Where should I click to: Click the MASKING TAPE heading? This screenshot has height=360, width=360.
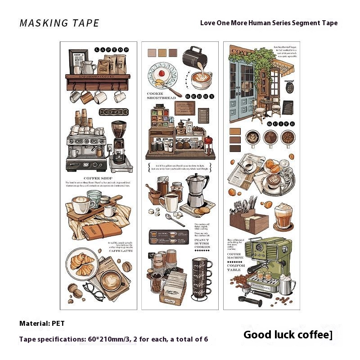[59, 23]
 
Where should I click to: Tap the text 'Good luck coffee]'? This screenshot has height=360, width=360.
[288, 335]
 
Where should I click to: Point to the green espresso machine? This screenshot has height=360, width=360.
[268, 259]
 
